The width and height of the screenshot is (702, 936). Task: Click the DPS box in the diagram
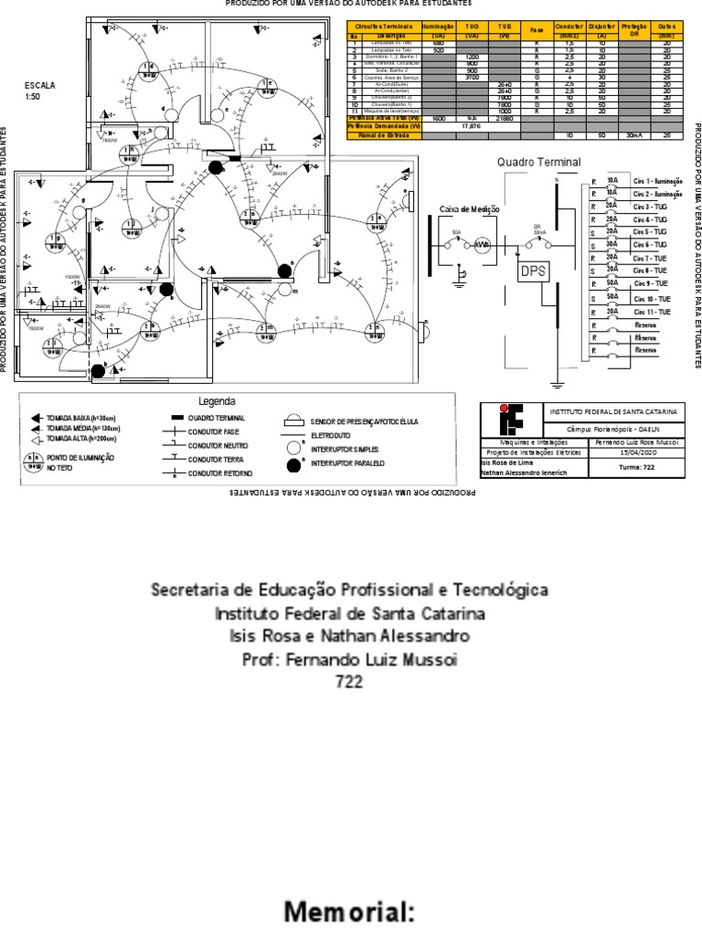pos(531,271)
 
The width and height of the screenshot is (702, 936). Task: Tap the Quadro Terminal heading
pos(538,162)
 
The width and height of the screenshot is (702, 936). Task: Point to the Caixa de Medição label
pos(471,209)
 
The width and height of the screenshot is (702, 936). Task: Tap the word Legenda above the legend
pos(218,401)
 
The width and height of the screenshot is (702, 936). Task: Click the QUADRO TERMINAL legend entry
pos(214,417)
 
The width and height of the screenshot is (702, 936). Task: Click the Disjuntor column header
pos(602,31)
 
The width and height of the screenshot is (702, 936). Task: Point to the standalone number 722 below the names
pos(350,682)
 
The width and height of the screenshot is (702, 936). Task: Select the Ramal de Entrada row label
pos(384,134)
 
